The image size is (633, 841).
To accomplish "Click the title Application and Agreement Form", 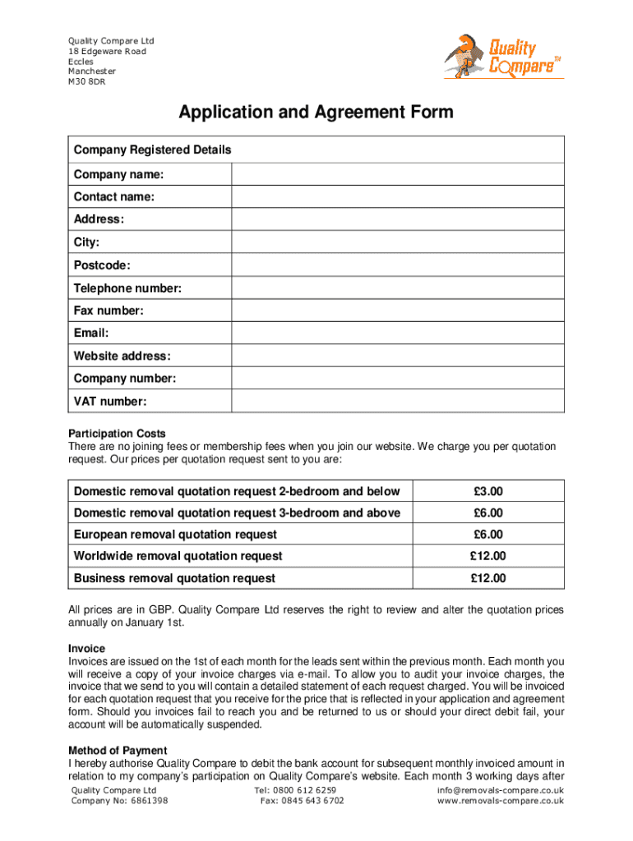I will click(x=316, y=112).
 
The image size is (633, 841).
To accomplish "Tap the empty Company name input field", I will click(x=398, y=174).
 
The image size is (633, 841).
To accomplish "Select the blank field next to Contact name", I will click(x=398, y=197).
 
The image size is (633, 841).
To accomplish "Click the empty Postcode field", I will click(x=398, y=265).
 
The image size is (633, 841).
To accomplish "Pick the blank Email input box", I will click(x=398, y=333).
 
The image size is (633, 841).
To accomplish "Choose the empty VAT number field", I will click(x=398, y=402).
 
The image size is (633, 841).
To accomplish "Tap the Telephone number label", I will click(x=127, y=288).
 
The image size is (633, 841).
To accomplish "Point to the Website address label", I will click(x=122, y=356).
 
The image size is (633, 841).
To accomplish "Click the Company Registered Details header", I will click(x=153, y=150).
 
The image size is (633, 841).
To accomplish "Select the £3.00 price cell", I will click(x=488, y=492).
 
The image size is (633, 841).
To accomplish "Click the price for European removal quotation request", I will click(x=488, y=535).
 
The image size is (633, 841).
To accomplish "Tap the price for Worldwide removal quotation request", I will click(x=488, y=557).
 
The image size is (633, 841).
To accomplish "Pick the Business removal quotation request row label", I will click(x=174, y=578).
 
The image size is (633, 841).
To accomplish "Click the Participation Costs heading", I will click(x=117, y=434).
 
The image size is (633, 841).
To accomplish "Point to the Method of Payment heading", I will click(x=118, y=751).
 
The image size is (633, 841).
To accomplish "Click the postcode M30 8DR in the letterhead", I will click(x=86, y=81).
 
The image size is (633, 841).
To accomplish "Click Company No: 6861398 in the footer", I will click(x=120, y=801).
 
